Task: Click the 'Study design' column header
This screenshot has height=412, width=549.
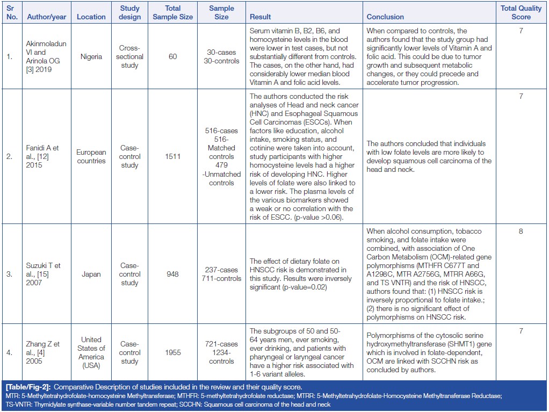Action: pyautogui.click(x=129, y=12)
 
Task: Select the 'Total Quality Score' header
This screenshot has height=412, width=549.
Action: pyautogui.click(x=521, y=12)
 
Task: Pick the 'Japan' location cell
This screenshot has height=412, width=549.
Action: pyautogui.click(x=91, y=274)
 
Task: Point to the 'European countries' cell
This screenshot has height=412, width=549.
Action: pyautogui.click(x=91, y=156)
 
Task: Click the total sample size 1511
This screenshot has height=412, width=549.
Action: pyautogui.click(x=172, y=156)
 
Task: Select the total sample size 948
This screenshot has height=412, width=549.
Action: pyautogui.click(x=172, y=274)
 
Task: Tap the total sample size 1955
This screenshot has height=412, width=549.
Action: pyautogui.click(x=172, y=352)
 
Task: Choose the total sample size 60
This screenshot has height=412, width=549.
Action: pyautogui.click(x=172, y=56)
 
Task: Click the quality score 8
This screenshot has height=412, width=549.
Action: pyautogui.click(x=521, y=232)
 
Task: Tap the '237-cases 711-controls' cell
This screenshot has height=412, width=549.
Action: pyautogui.click(x=221, y=274)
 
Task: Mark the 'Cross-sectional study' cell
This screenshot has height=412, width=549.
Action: pyautogui.click(x=129, y=56)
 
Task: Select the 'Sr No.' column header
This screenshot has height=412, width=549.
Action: pyautogui.click(x=12, y=12)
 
